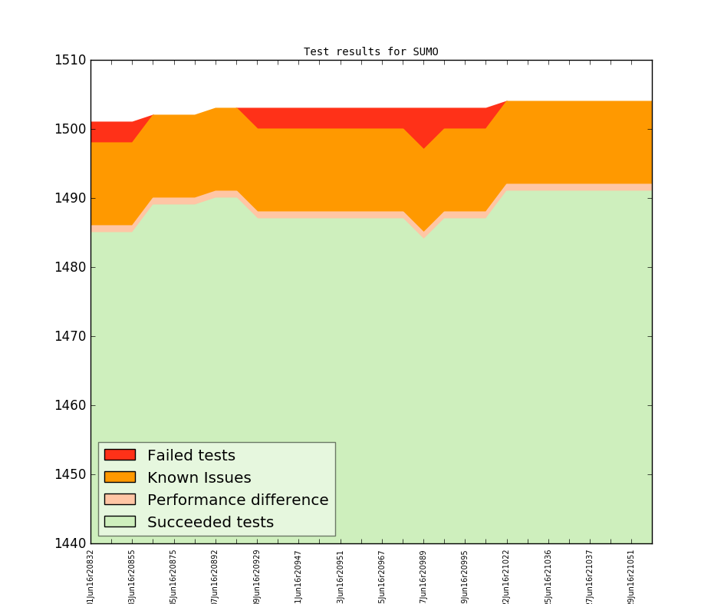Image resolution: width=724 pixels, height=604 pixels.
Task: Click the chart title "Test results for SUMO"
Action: [x=370, y=52]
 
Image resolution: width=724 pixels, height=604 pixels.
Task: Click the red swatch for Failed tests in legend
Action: [x=120, y=455]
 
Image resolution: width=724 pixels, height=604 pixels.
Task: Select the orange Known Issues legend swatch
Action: [x=120, y=477]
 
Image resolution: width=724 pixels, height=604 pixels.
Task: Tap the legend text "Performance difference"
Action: [x=238, y=500]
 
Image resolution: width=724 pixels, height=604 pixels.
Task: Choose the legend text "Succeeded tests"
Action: [x=210, y=522]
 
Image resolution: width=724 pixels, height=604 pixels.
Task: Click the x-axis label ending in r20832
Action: [x=90, y=576]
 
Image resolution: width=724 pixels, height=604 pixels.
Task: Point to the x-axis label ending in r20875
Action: [x=174, y=576]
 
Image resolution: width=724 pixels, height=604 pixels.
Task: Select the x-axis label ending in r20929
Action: [x=257, y=576]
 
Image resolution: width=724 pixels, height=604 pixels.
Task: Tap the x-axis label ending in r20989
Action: [x=423, y=576]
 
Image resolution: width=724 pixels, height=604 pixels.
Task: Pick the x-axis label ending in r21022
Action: [x=506, y=576]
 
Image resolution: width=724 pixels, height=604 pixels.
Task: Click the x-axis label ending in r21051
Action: [x=631, y=576]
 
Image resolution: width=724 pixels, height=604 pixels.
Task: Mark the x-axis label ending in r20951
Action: [x=341, y=576]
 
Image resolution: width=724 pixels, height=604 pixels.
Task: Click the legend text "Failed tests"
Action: [x=191, y=455]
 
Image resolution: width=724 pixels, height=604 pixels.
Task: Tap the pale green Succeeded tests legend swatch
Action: [x=120, y=522]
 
